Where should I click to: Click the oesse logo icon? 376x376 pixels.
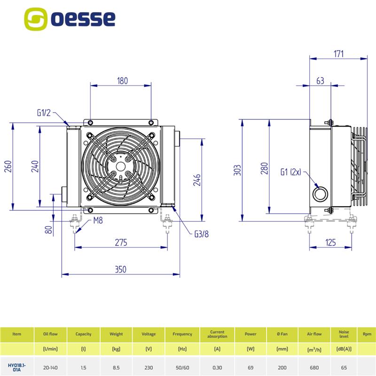(36, 19)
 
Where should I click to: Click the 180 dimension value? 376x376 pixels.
(122, 81)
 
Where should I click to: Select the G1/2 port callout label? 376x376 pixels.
(44, 113)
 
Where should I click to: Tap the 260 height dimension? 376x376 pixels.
(8, 166)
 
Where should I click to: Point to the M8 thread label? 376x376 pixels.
(98, 220)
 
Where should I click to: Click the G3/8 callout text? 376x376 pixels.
(202, 234)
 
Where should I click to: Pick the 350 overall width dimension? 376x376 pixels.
(120, 269)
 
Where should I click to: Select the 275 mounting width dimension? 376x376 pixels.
(121, 243)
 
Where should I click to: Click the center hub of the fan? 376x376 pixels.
(120, 166)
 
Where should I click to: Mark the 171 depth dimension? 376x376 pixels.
(338, 54)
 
